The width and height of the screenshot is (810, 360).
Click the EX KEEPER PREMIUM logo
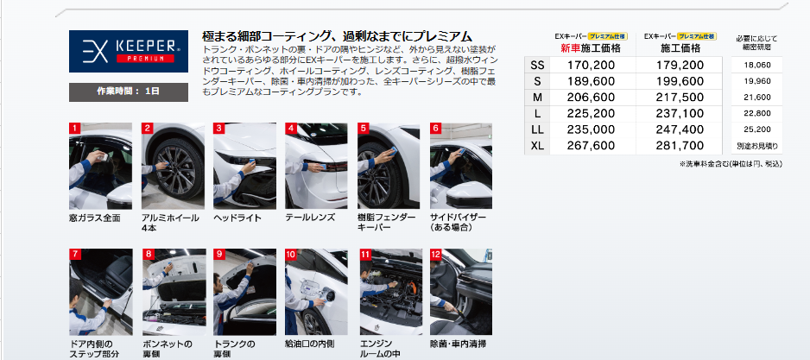click(x=129, y=51)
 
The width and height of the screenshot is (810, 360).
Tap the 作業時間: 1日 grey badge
click(x=129, y=92)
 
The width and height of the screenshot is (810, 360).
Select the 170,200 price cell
click(x=591, y=65)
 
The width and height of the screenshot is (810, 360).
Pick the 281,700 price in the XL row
click(x=680, y=146)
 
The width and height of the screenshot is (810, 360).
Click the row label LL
click(x=537, y=130)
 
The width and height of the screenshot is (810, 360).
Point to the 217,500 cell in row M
click(x=680, y=98)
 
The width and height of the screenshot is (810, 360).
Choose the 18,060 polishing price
click(x=756, y=65)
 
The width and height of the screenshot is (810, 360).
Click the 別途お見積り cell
click(x=757, y=146)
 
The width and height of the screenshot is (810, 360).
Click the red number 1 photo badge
click(x=74, y=128)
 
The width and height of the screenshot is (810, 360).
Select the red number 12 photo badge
click(x=436, y=254)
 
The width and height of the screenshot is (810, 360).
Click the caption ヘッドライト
click(x=237, y=218)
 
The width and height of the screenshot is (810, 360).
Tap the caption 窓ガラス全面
click(x=94, y=218)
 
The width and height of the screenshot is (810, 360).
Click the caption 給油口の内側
click(x=310, y=344)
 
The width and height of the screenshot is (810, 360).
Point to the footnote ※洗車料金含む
click(x=706, y=164)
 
